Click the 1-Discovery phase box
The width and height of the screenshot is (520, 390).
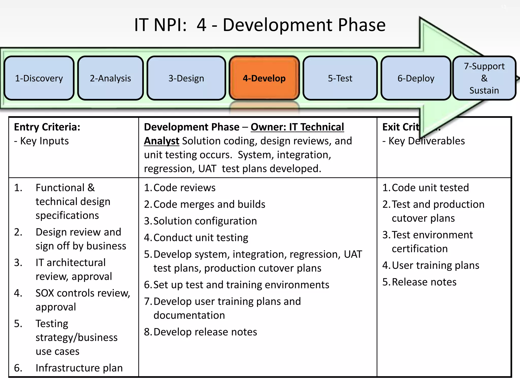39,78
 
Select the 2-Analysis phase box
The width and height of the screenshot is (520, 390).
110,78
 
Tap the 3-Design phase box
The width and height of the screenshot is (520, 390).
186,78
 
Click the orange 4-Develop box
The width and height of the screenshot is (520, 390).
264,78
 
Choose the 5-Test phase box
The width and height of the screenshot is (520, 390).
340,78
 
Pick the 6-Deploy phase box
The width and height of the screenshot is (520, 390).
416,78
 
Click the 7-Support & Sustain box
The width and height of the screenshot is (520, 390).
484,78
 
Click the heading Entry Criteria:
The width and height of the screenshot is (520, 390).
47,127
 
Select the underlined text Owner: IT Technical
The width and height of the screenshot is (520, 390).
297,127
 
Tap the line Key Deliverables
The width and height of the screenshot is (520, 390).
427,141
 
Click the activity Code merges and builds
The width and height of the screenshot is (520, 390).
209,204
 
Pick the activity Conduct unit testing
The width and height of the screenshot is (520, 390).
201,238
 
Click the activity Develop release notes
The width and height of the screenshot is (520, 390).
205,332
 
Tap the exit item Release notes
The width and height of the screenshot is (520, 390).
424,282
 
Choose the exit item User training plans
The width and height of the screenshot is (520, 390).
435,265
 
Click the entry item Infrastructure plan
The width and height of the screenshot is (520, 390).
79,368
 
